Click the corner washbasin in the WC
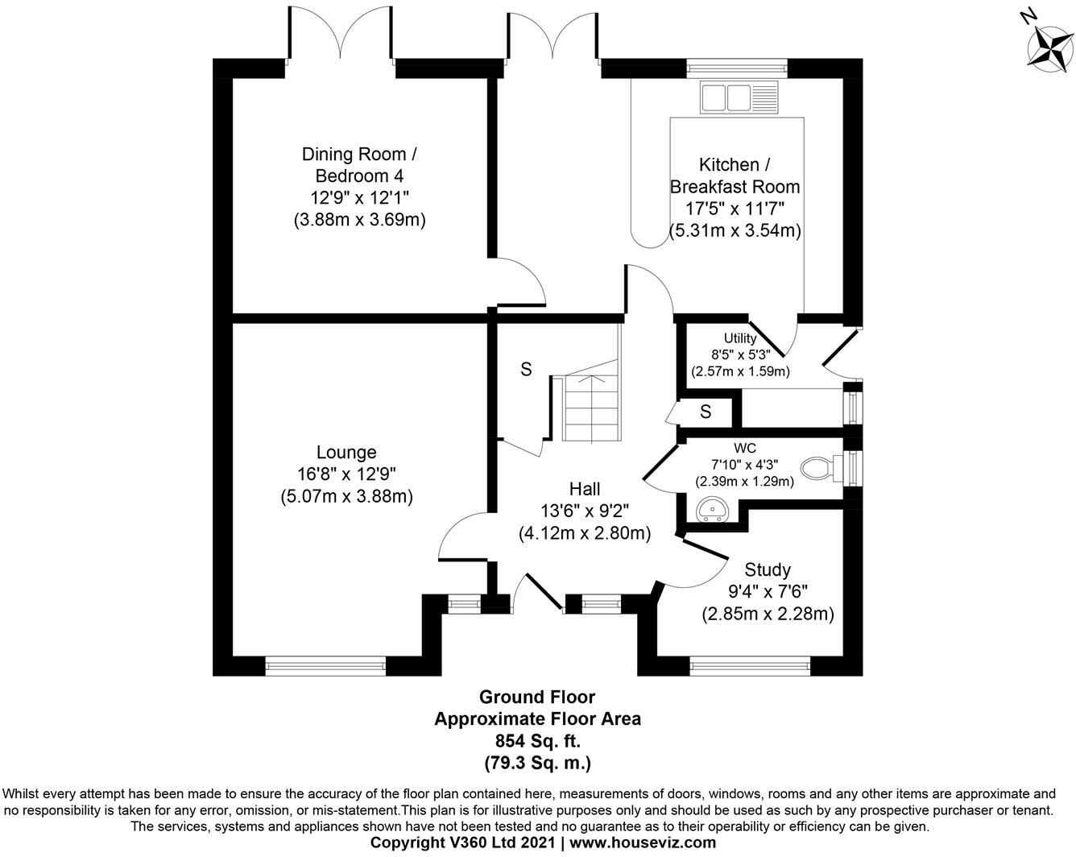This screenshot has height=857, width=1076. point(711,510)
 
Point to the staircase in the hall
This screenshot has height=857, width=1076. point(593,408)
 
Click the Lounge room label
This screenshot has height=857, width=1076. point(346,453)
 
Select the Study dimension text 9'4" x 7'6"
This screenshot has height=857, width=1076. point(768,592)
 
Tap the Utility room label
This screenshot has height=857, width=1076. point(740,338)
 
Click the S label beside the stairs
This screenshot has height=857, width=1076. point(526,370)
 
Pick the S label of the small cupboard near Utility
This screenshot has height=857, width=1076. point(706,412)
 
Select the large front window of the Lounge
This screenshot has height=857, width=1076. point(326,665)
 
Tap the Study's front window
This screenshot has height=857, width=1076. point(750,665)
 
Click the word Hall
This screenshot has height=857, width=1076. point(585,489)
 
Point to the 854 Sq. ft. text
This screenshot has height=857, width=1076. point(537,740)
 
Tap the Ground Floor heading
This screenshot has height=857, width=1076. point(537,697)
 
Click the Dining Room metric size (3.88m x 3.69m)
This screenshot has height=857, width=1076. point(359,219)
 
